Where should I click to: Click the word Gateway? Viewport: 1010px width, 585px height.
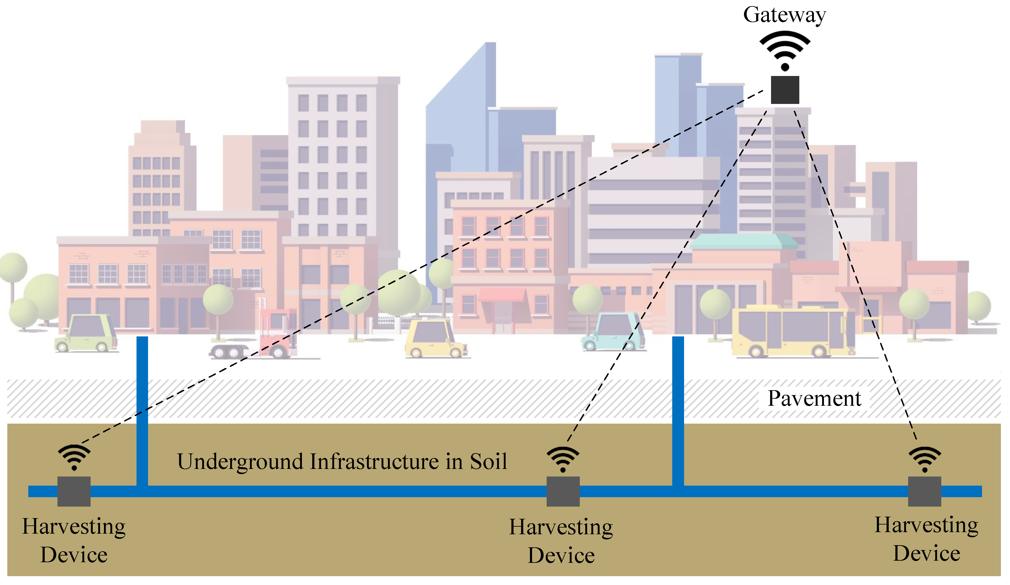784,15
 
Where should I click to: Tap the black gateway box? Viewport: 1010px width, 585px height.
785,90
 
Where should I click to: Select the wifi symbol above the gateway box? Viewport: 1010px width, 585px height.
785,50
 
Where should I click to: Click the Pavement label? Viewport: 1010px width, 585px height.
814,399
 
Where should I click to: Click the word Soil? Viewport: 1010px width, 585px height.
488,462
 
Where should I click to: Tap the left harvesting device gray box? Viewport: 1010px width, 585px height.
74,491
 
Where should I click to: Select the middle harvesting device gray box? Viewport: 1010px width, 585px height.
563,491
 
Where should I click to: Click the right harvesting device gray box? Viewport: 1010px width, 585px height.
924,491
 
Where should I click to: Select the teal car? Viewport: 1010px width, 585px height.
613,332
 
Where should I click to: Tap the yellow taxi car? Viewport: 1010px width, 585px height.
435,339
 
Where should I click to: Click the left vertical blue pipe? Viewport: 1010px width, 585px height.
142,409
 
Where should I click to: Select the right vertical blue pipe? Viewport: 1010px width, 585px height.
678,409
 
